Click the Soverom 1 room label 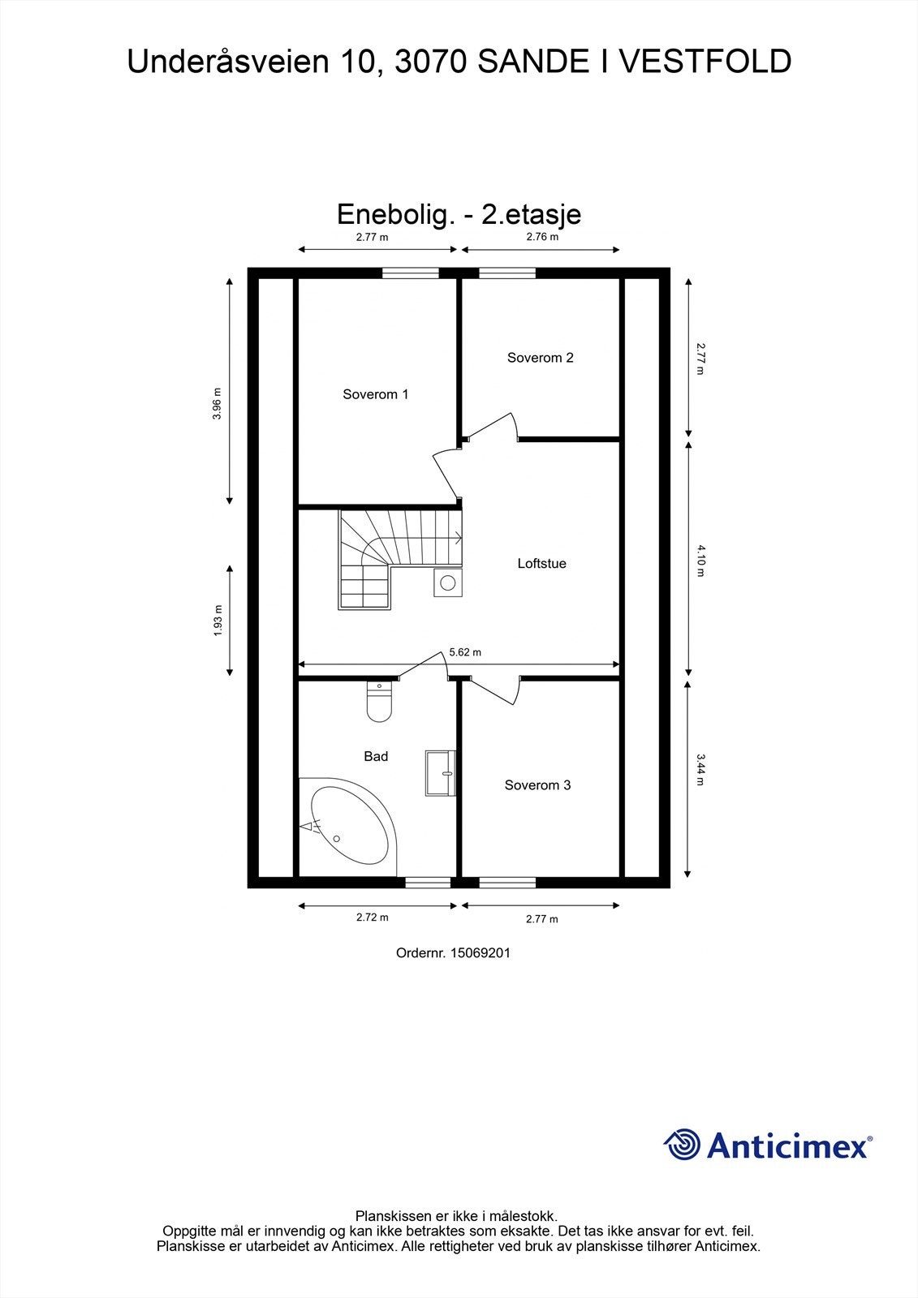click(x=375, y=394)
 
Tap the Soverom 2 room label click(x=540, y=358)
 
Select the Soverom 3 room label click(x=537, y=785)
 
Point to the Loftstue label click(x=541, y=563)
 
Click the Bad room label click(x=376, y=756)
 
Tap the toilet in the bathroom click(x=379, y=703)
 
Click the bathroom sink click(x=440, y=772)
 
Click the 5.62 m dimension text click(x=465, y=652)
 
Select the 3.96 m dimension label click(x=217, y=403)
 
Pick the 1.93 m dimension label click(x=217, y=621)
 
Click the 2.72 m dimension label click(x=372, y=918)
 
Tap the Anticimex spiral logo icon click(x=682, y=1145)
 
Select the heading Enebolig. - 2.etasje click(x=459, y=214)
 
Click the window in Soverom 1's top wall click(x=410, y=273)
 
